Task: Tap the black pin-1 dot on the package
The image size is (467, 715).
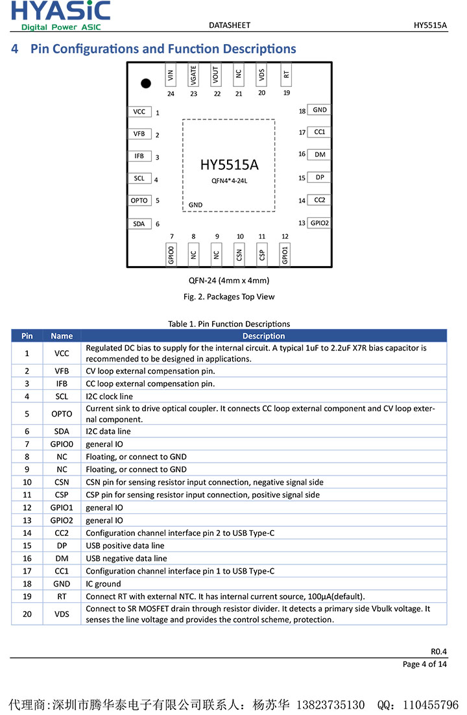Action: pos(146,83)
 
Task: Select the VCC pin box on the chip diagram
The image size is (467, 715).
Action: pos(139,112)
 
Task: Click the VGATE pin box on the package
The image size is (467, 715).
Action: pos(193,75)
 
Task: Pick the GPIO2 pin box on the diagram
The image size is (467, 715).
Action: pos(319,223)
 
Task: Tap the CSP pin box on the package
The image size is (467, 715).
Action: pos(262,254)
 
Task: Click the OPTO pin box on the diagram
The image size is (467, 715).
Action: pos(139,200)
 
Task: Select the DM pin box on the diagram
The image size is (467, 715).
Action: pos(319,154)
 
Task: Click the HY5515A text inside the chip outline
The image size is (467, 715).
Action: pos(229,165)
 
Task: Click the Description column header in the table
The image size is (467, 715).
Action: pos(264,336)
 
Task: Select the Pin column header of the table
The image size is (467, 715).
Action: pos(27,336)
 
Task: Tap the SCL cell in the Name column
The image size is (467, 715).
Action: pos(62,396)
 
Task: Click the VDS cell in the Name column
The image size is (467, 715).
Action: pos(62,614)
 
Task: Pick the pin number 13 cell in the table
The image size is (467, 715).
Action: pos(27,520)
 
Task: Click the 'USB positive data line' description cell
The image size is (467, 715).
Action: pos(125,546)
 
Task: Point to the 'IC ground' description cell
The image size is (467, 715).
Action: pos(103,584)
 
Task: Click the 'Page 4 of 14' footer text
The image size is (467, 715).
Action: pos(425,664)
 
